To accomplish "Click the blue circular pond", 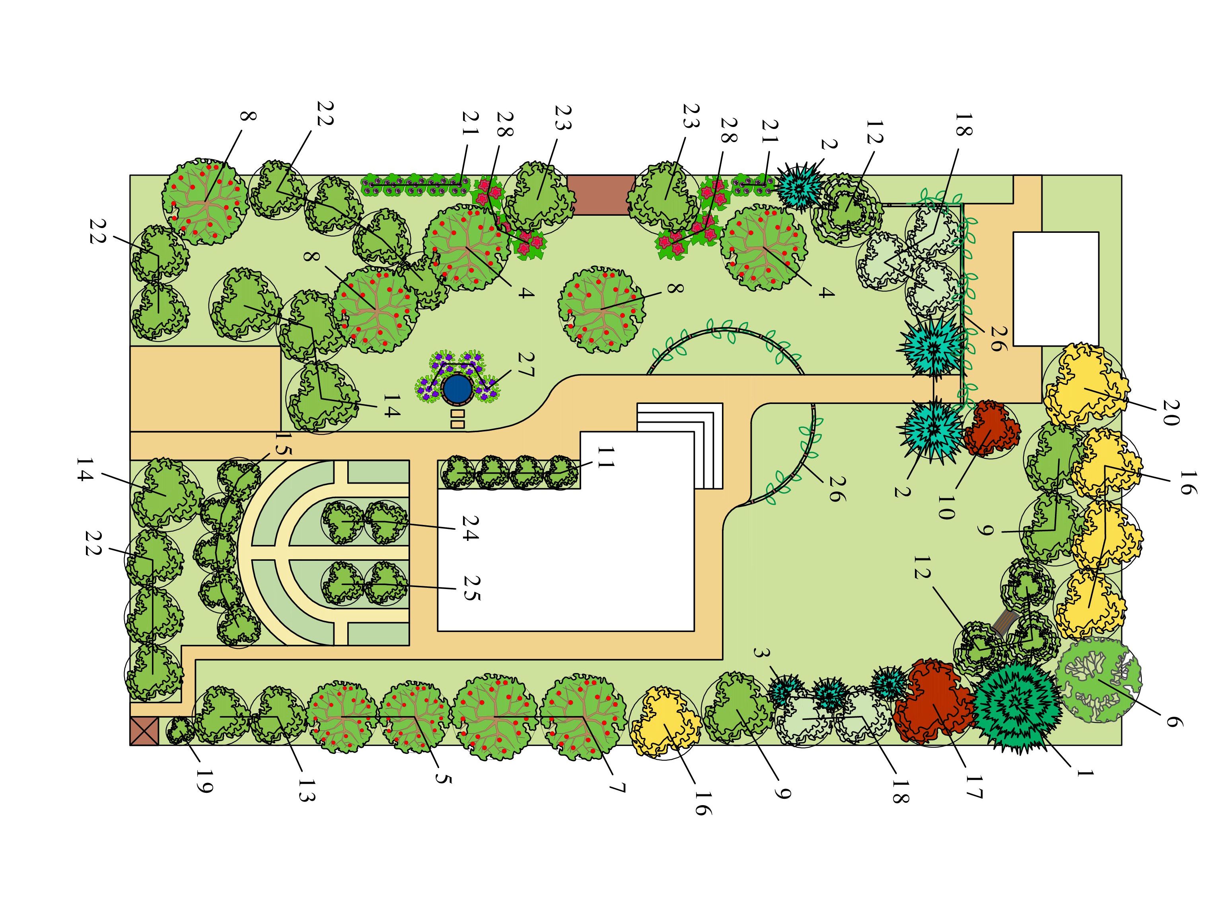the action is tap(457, 389).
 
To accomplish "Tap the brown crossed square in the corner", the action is tap(144, 731).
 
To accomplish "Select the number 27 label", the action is tap(525, 365).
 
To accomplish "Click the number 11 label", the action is tap(605, 457).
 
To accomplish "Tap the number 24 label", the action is tap(469, 528).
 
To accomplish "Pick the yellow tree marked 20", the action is tap(1085, 386).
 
